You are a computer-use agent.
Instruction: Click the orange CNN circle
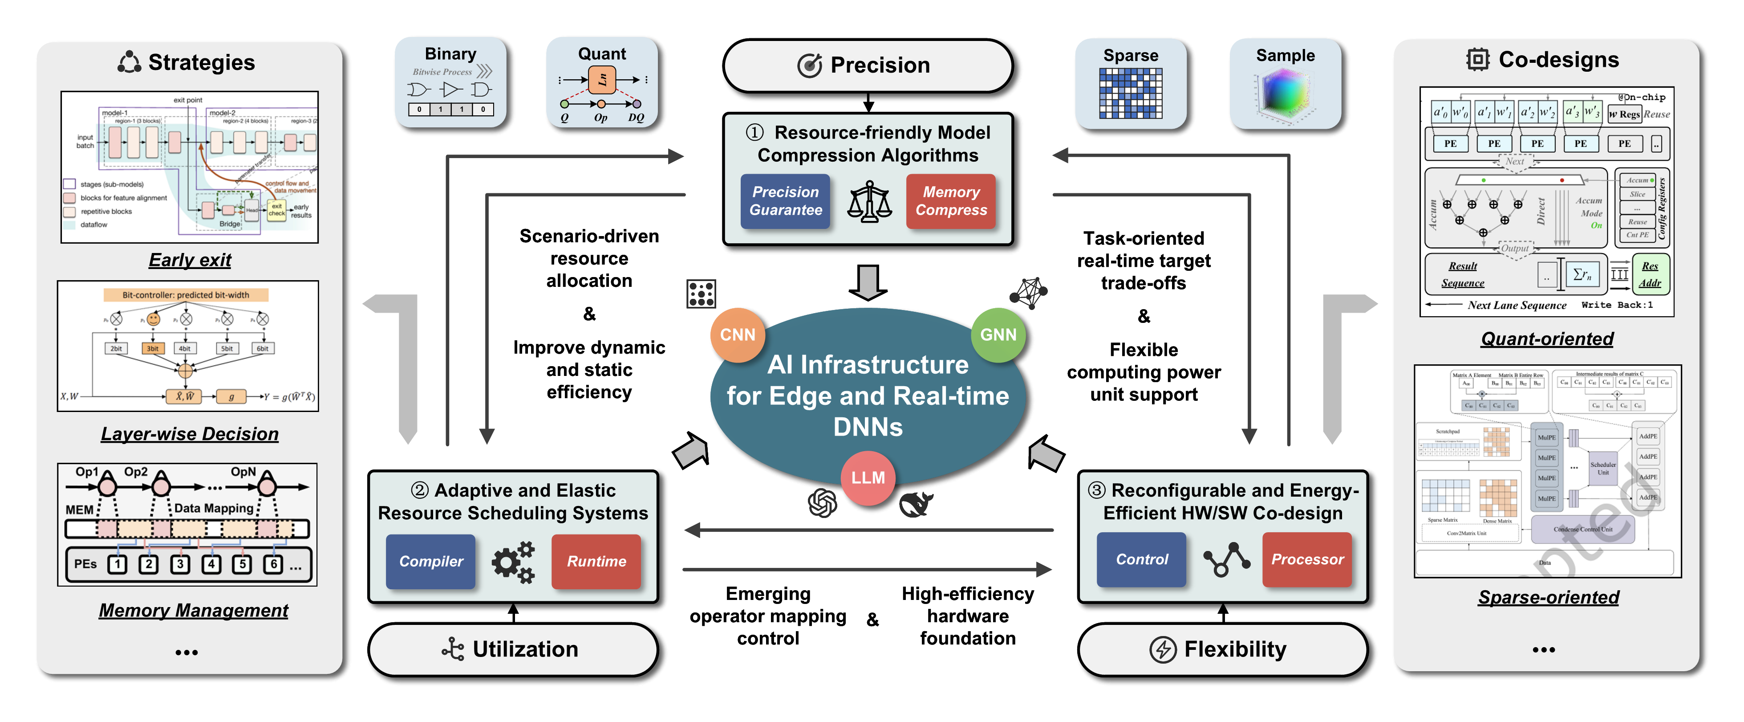(737, 334)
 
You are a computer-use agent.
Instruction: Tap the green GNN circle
(998, 334)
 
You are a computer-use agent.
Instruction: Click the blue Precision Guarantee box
(785, 201)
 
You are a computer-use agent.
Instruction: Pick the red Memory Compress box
(950, 201)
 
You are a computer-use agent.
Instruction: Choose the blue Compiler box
(430, 562)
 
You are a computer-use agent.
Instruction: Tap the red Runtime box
(596, 562)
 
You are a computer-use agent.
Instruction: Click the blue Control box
(1141, 559)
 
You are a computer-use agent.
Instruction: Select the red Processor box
(1306, 559)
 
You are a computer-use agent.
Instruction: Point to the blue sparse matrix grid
(1131, 94)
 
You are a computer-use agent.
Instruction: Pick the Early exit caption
(190, 260)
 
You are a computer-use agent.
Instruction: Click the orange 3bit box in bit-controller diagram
(153, 348)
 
